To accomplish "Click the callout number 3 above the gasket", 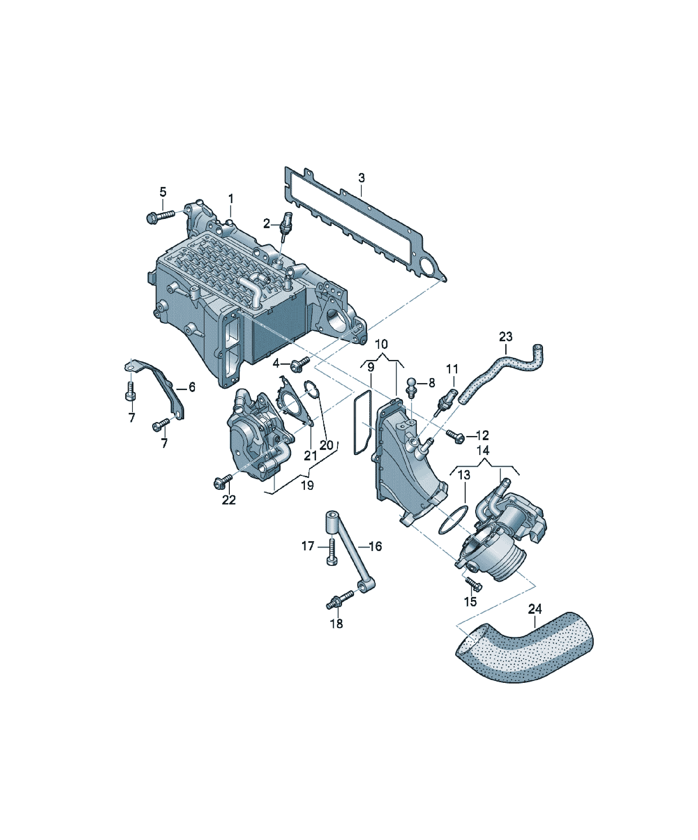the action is tap(361, 178).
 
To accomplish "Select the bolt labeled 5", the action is tap(161, 216).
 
